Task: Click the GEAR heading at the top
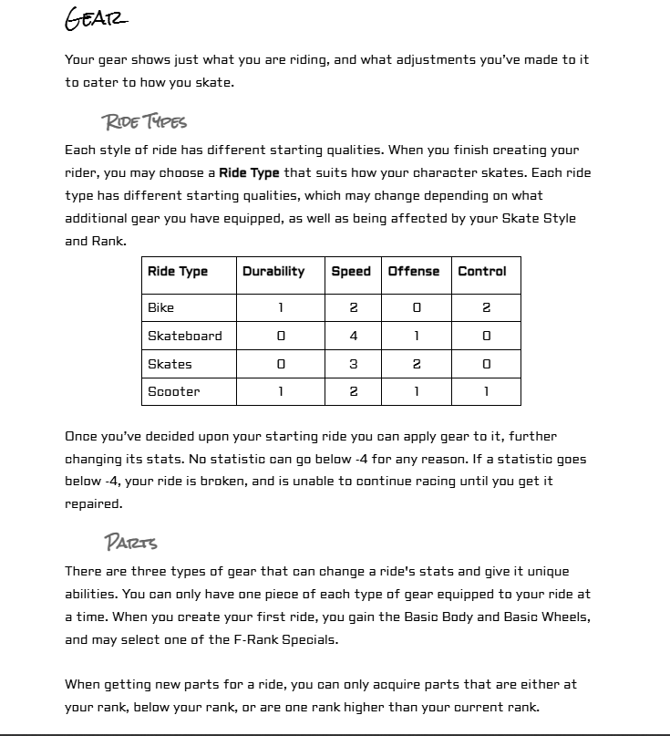pyautogui.click(x=96, y=18)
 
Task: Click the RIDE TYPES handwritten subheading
pyautogui.click(x=145, y=121)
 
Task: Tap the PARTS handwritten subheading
pyautogui.click(x=131, y=543)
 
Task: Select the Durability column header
pyautogui.click(x=273, y=271)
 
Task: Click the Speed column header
pyautogui.click(x=351, y=271)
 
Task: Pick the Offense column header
pyautogui.click(x=414, y=271)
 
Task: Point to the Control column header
pyautogui.click(x=482, y=271)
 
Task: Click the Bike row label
pyautogui.click(x=160, y=307)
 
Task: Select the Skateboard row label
pyautogui.click(x=185, y=336)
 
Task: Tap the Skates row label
pyautogui.click(x=170, y=364)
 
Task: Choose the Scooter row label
pyautogui.click(x=174, y=391)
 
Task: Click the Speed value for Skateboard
pyautogui.click(x=354, y=336)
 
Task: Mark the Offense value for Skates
pyautogui.click(x=417, y=364)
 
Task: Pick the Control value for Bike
pyautogui.click(x=486, y=307)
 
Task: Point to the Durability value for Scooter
pyautogui.click(x=280, y=391)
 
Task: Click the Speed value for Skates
pyautogui.click(x=354, y=364)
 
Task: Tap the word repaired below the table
pyautogui.click(x=92, y=503)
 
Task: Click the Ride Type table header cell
pyautogui.click(x=178, y=271)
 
